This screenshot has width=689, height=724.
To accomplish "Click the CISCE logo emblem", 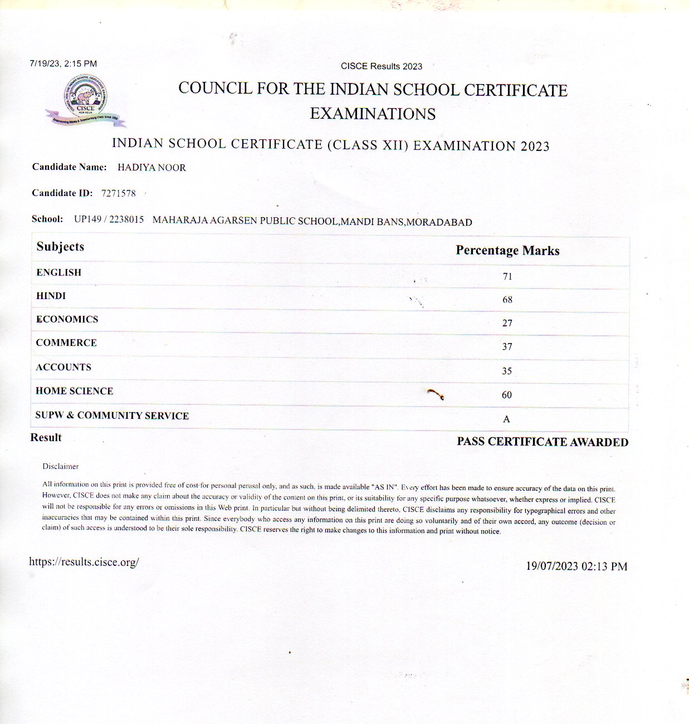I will tap(86, 100).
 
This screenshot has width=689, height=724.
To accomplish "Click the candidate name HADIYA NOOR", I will tap(152, 168).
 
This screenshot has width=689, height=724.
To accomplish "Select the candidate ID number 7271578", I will tap(118, 193).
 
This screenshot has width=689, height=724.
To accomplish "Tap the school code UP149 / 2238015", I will tap(109, 219).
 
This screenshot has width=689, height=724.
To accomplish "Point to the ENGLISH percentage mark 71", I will tap(507, 276).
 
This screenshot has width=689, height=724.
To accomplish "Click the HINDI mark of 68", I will tap(507, 300).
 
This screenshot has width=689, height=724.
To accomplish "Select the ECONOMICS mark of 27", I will tap(507, 323).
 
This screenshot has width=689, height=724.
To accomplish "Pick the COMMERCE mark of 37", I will tap(507, 346).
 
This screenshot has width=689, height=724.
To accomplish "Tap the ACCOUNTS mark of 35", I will tap(507, 371).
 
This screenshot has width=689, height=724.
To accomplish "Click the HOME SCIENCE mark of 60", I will tap(507, 395).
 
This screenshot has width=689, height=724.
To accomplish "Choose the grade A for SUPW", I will tap(506, 419).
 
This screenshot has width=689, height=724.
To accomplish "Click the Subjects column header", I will tap(60, 247).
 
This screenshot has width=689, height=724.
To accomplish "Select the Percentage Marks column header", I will tap(507, 251).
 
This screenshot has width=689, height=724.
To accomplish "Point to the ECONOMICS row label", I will tap(67, 319).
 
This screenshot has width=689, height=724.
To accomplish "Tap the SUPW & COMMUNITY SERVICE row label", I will tap(112, 415).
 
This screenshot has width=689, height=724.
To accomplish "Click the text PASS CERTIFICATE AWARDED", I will tap(543, 442).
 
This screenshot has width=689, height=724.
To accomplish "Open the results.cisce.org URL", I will tap(84, 562).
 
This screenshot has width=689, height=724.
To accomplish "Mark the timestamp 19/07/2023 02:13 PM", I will tap(576, 566).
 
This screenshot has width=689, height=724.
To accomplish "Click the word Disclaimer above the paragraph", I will tap(61, 466).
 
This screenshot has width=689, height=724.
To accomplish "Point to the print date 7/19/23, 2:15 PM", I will tap(63, 64).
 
